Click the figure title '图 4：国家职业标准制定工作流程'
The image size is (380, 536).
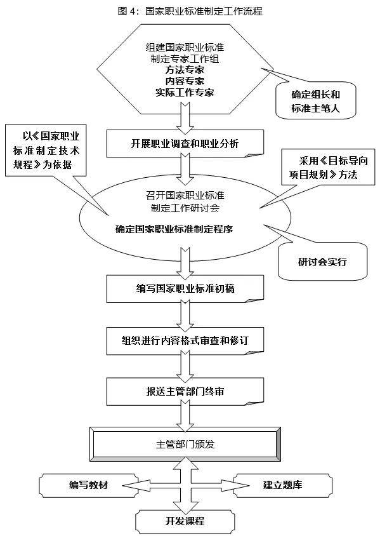tap(190, 11)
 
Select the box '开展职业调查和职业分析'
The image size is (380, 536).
tap(185, 144)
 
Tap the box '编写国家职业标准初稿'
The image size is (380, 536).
tap(185, 289)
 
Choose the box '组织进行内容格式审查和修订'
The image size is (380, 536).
tap(185, 341)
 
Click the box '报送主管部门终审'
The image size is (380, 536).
tap(185, 391)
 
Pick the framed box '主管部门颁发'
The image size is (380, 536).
tap(185, 445)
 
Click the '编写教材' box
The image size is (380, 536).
tap(89, 485)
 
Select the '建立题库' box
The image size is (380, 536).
tap(282, 485)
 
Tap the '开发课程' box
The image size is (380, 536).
tap(185, 521)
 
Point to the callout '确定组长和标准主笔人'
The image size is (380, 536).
tap(315, 101)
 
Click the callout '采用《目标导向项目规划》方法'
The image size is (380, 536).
tap(328, 168)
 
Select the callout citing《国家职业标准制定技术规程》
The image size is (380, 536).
tap(46, 151)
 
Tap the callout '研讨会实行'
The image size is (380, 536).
tap(323, 262)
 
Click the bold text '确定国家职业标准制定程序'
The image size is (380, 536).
tap(174, 229)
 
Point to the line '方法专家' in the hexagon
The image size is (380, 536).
tap(185, 70)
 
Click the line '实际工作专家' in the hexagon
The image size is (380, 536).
tap(185, 93)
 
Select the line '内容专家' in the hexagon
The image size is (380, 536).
tap(185, 81)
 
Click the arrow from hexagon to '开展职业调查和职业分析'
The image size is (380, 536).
tap(185, 119)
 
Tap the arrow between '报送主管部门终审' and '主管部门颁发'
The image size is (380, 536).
tap(185, 416)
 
